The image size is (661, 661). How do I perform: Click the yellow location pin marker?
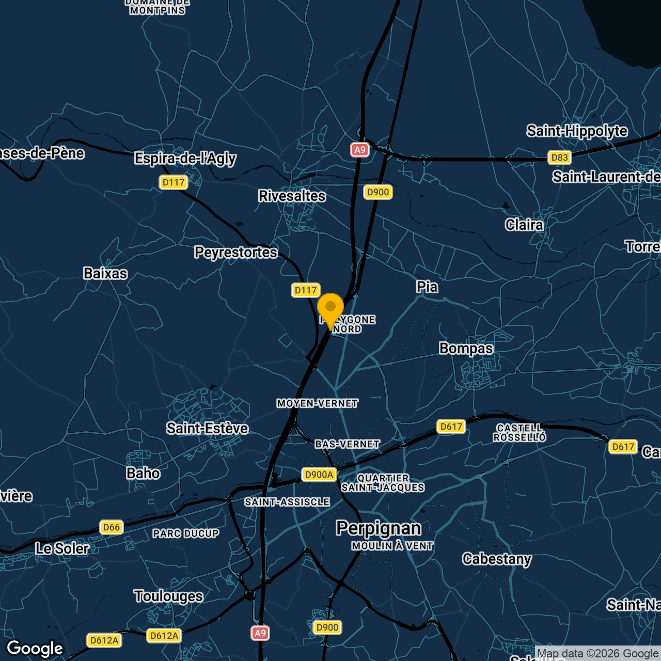point(330,308)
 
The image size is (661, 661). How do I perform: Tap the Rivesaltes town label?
point(292,196)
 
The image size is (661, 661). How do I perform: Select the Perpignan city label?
point(379,528)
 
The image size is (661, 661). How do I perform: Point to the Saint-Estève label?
point(207,429)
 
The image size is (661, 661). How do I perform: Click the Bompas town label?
point(466,349)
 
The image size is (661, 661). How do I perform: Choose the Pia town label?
point(427,287)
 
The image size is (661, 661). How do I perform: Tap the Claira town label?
point(524,225)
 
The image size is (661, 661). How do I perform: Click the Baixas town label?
point(105,274)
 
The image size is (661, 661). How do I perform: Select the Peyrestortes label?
point(236,253)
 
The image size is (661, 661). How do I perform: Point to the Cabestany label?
point(497,559)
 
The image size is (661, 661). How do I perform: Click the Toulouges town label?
point(168,596)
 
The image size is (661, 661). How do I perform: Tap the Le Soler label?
point(62,548)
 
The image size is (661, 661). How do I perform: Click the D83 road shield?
point(559,158)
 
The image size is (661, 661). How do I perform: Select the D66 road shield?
point(112,527)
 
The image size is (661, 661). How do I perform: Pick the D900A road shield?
point(319,475)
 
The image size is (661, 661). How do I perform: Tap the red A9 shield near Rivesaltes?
point(360,150)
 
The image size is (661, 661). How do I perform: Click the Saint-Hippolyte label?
point(577,131)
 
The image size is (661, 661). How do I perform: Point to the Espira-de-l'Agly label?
point(185,159)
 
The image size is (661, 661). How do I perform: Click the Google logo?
point(35,649)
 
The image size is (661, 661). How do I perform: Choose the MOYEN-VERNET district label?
point(317,403)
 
